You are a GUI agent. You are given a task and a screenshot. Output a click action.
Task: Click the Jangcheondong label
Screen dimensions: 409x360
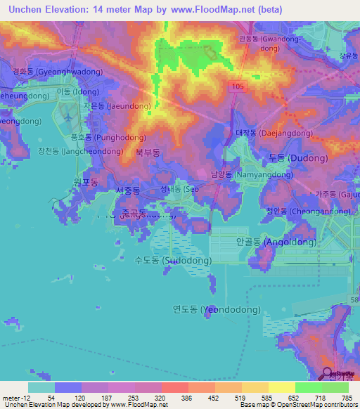[73, 151]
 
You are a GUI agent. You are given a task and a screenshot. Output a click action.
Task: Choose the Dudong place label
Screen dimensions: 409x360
[298, 158]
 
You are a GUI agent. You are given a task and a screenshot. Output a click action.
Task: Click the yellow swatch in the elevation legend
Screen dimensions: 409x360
[281, 387]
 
